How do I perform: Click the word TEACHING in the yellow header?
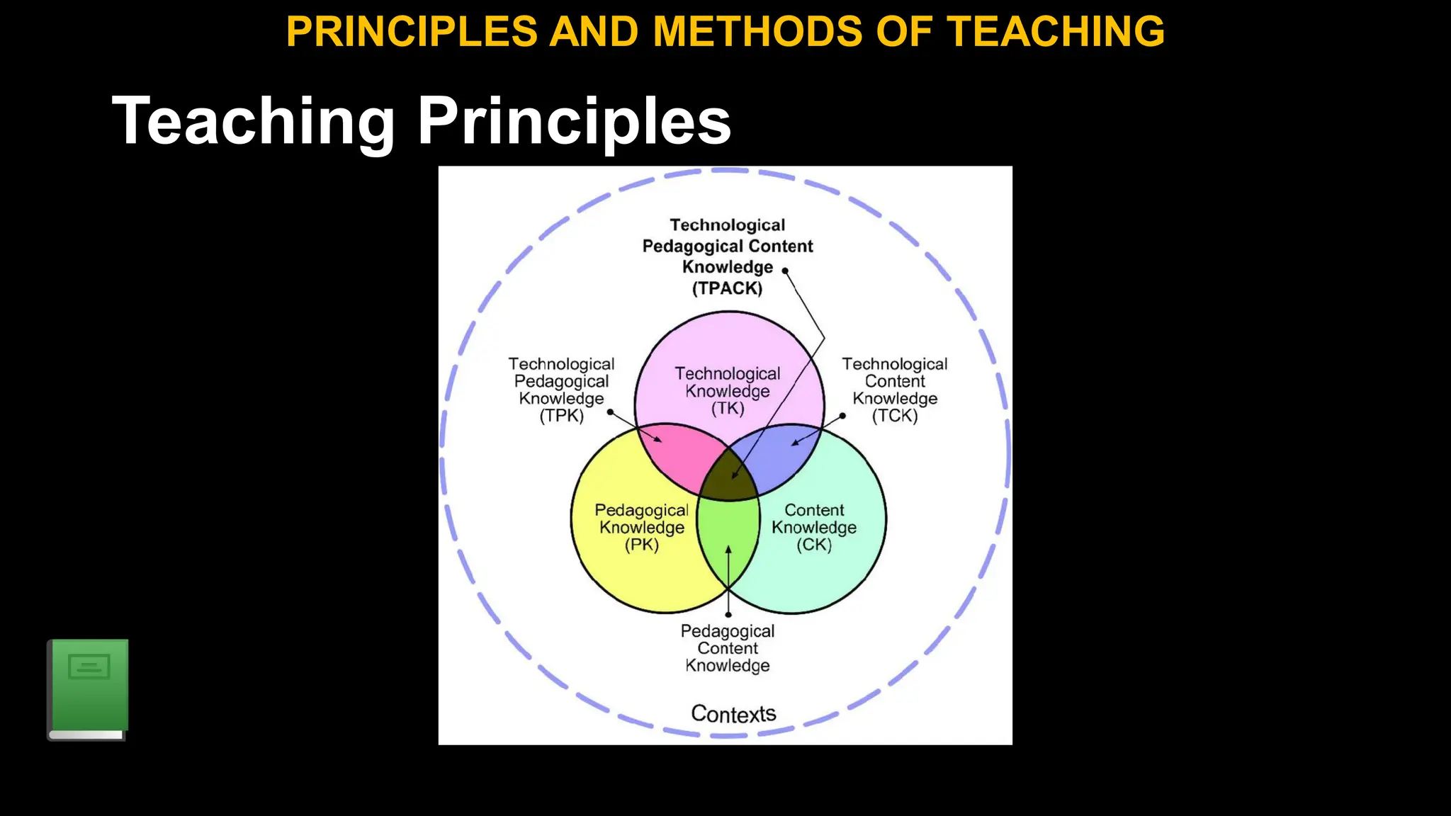click(1056, 32)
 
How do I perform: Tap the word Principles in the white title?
click(574, 122)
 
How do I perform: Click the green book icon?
click(88, 689)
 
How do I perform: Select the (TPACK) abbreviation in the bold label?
click(727, 288)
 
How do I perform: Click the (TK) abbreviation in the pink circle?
click(728, 409)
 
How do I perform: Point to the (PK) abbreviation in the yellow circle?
click(641, 545)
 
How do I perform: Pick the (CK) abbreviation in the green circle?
click(813, 545)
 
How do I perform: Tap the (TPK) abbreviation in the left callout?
click(561, 416)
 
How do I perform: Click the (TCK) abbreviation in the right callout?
click(894, 416)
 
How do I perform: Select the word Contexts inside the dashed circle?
click(733, 713)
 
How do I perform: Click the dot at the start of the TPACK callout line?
click(785, 271)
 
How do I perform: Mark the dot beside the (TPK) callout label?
click(610, 412)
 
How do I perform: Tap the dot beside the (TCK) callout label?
click(842, 416)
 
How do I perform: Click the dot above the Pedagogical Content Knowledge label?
click(728, 614)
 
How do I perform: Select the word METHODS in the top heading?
click(757, 32)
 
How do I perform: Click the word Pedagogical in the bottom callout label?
click(727, 631)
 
